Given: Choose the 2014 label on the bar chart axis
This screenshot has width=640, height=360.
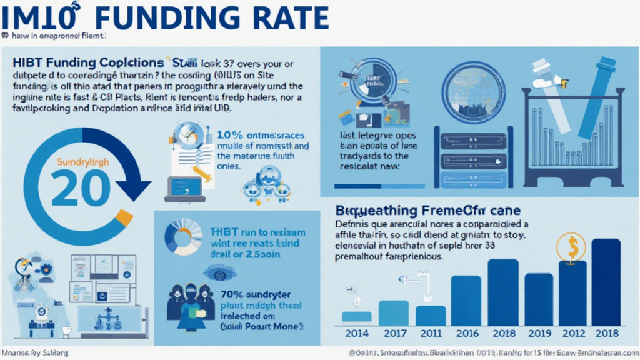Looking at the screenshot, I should (357, 333).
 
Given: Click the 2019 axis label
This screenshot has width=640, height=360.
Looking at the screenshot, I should (539, 333).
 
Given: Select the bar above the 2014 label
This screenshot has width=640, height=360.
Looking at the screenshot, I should (357, 316).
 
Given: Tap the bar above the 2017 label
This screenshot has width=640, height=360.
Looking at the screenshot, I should (394, 312).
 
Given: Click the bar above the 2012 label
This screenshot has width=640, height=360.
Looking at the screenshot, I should (572, 291).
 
